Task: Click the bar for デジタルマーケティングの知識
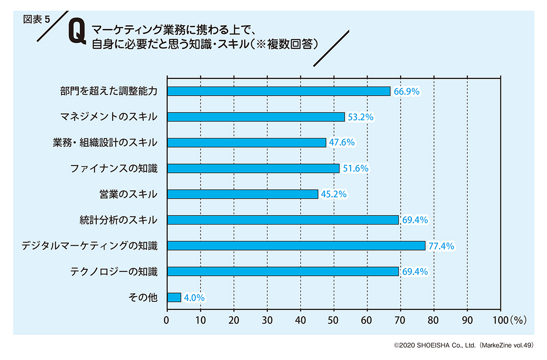coord(296,246)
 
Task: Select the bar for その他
coord(174,298)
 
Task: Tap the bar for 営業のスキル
coord(243,194)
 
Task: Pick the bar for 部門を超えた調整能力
coord(279,91)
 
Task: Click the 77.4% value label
coord(441,246)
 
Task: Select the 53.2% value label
coord(361,117)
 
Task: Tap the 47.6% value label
coord(342,143)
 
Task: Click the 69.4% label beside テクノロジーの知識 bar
coord(414,272)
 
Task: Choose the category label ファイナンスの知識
coord(114,169)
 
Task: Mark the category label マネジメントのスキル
coord(109,117)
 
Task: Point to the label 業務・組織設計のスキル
coord(105,143)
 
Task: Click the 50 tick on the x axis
coord(334,320)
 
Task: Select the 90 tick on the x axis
coord(467,320)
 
